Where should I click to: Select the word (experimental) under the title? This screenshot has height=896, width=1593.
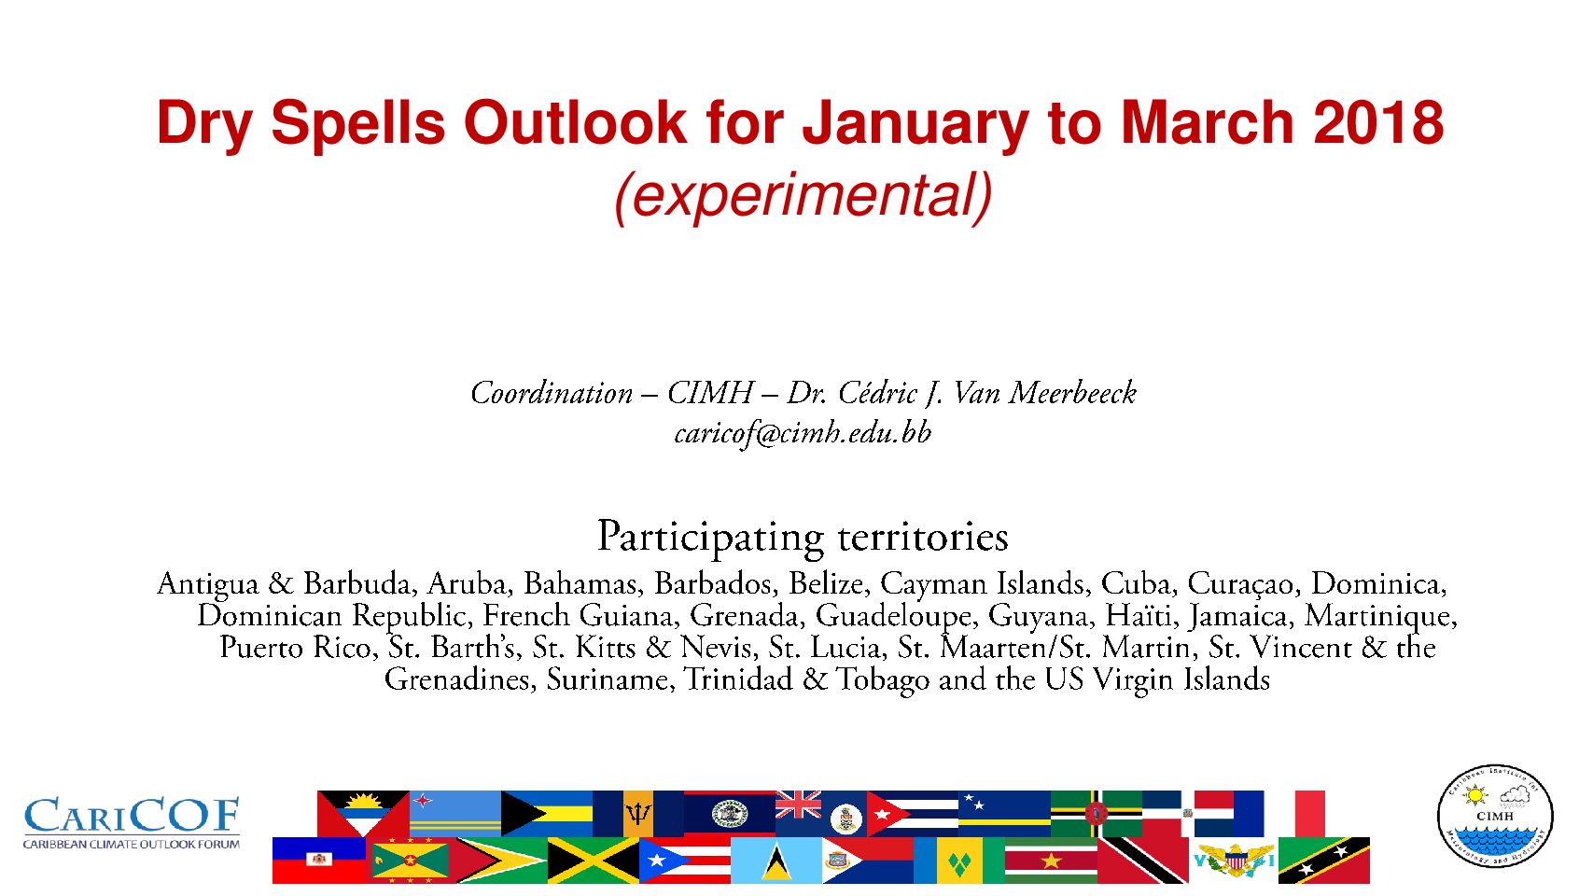(x=803, y=196)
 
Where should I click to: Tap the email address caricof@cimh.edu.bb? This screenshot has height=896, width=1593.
(x=803, y=433)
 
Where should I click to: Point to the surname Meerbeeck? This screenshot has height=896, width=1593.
(x=1072, y=393)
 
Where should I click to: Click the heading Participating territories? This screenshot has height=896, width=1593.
(x=803, y=537)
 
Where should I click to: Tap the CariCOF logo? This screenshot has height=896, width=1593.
(x=132, y=823)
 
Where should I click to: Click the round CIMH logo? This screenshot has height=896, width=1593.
(x=1495, y=816)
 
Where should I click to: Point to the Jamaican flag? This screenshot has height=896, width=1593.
(x=594, y=861)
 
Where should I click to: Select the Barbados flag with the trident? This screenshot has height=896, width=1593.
(x=638, y=814)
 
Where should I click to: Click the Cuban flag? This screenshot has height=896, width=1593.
(x=913, y=814)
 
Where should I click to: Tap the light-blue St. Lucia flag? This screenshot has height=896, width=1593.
(x=776, y=861)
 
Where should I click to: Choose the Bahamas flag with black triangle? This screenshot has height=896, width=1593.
(x=546, y=814)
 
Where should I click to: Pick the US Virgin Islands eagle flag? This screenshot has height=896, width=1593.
(x=1233, y=861)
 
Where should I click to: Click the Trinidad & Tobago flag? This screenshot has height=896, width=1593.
(x=1143, y=861)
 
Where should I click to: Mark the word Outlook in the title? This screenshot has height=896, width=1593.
(x=575, y=122)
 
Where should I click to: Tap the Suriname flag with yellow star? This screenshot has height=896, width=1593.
(x=1051, y=861)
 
